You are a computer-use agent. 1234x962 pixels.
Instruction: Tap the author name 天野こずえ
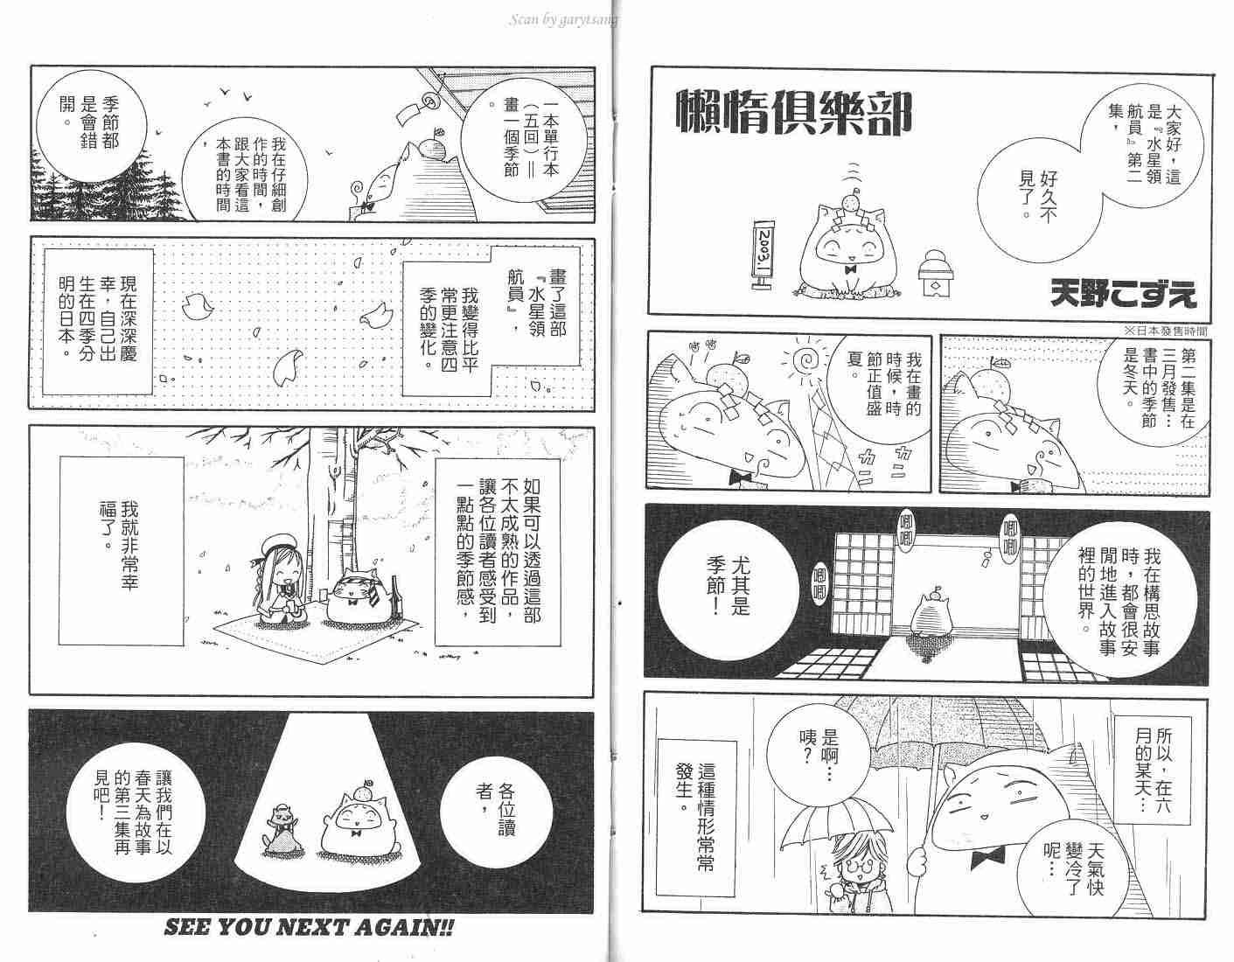(x=1123, y=294)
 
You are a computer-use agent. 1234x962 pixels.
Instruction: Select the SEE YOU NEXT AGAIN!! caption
(x=310, y=927)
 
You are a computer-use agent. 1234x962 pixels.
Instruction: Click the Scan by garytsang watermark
(x=563, y=20)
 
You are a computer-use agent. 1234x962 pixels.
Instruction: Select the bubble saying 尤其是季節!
(x=729, y=586)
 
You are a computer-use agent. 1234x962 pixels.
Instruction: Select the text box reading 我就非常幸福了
(x=121, y=550)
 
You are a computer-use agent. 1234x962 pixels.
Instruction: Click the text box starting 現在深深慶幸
(x=98, y=322)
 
